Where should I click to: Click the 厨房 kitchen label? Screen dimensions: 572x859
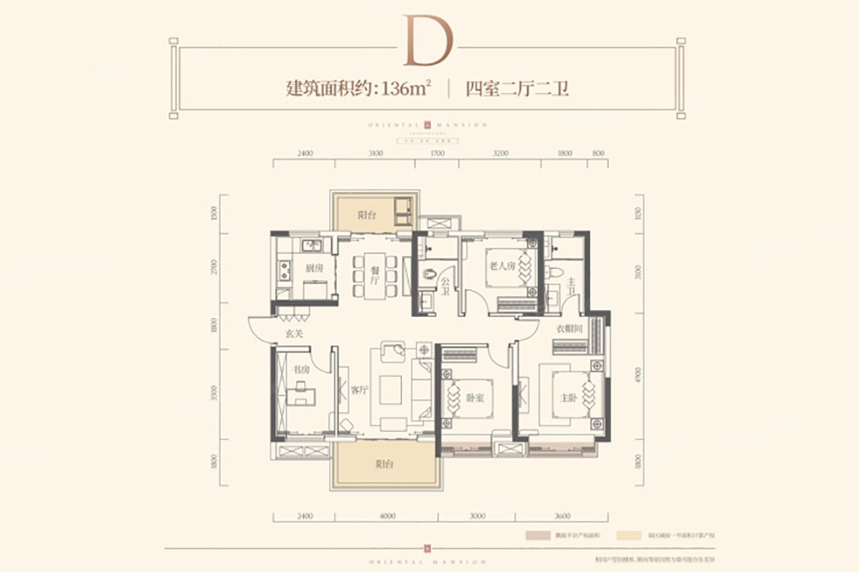pos(314,269)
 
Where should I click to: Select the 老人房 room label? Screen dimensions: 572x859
pos(501,265)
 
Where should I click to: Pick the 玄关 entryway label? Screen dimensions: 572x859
pos(293,334)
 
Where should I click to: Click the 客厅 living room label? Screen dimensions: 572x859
pos(358,389)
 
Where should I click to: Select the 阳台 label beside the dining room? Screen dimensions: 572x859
pos(367,215)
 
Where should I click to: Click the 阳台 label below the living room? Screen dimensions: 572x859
pos(383,465)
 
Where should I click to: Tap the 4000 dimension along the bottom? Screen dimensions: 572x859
pos(387,515)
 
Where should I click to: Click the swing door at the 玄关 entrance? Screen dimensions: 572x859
pos(260,325)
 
